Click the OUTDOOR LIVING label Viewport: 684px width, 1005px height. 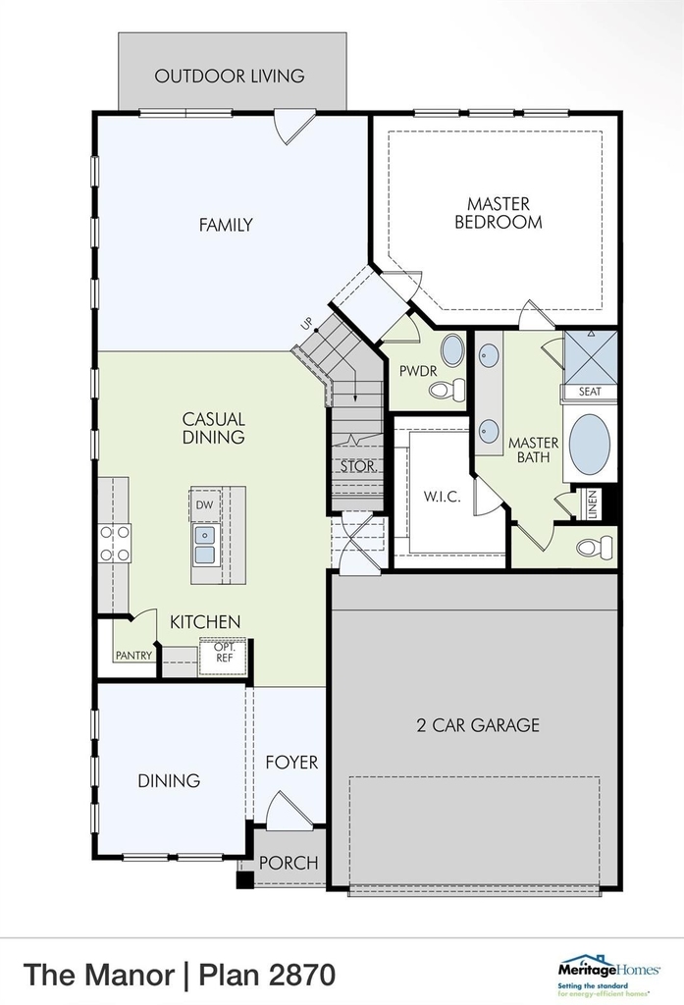tap(230, 77)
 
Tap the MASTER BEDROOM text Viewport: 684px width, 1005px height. tap(499, 213)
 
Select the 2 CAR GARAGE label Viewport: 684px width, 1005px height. tap(478, 725)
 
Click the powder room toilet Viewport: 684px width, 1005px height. tap(447, 389)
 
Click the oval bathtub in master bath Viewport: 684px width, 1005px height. tap(589, 445)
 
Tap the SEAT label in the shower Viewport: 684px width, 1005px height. tap(590, 391)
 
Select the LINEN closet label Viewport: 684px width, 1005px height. tap(593, 504)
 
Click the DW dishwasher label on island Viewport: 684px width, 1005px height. tap(204, 505)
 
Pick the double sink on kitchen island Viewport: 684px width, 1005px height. tap(204, 544)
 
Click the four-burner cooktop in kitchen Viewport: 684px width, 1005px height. tap(114, 543)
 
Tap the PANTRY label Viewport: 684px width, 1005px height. tap(134, 655)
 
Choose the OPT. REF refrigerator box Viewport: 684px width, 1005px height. tap(224, 656)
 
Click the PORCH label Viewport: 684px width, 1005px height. tap(289, 863)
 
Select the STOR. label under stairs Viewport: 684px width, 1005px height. tap(358, 466)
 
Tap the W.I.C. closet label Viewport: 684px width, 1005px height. tap(442, 497)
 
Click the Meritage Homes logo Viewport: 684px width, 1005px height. tap(609, 976)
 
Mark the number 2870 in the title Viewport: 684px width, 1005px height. tap(302, 975)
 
